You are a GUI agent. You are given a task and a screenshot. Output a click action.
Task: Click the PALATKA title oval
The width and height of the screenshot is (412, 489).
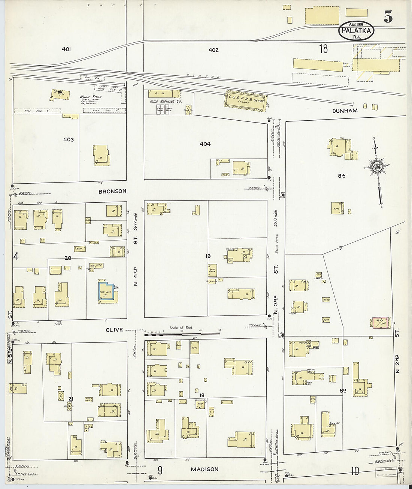[357, 31]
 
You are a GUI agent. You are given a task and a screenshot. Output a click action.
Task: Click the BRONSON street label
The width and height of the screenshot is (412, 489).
[112, 191]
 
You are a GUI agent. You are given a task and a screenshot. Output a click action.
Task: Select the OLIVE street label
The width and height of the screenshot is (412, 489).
[114, 330]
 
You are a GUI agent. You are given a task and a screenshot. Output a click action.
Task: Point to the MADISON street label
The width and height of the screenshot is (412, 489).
[205, 469]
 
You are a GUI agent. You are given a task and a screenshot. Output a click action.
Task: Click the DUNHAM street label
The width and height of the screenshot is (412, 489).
[345, 111]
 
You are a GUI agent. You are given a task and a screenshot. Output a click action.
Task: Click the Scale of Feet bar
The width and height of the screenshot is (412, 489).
[182, 333]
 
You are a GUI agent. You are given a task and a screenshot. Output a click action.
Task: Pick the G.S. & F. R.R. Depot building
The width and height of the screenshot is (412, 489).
[245, 101]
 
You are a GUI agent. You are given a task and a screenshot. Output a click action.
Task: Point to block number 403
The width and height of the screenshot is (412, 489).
[69, 139]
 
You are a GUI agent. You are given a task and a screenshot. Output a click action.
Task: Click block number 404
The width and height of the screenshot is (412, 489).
[205, 144]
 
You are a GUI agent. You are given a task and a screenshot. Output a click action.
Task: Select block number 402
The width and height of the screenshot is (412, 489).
[213, 50]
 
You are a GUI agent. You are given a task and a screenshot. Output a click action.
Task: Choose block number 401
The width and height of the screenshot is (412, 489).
[67, 49]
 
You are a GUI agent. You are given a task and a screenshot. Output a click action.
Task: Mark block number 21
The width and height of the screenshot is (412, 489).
[70, 399]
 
